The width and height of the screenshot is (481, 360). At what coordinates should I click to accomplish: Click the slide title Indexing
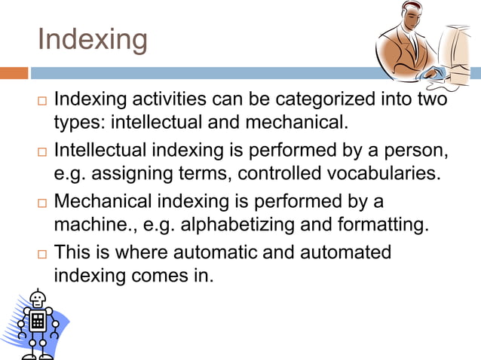tap(93, 39)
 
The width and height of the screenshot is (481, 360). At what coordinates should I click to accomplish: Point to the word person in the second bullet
tap(420, 151)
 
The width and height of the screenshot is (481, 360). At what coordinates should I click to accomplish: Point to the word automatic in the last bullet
tap(213, 252)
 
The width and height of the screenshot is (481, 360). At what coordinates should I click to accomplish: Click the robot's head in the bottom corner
tap(37, 300)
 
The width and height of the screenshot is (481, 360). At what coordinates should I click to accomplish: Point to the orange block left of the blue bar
tap(14, 73)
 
